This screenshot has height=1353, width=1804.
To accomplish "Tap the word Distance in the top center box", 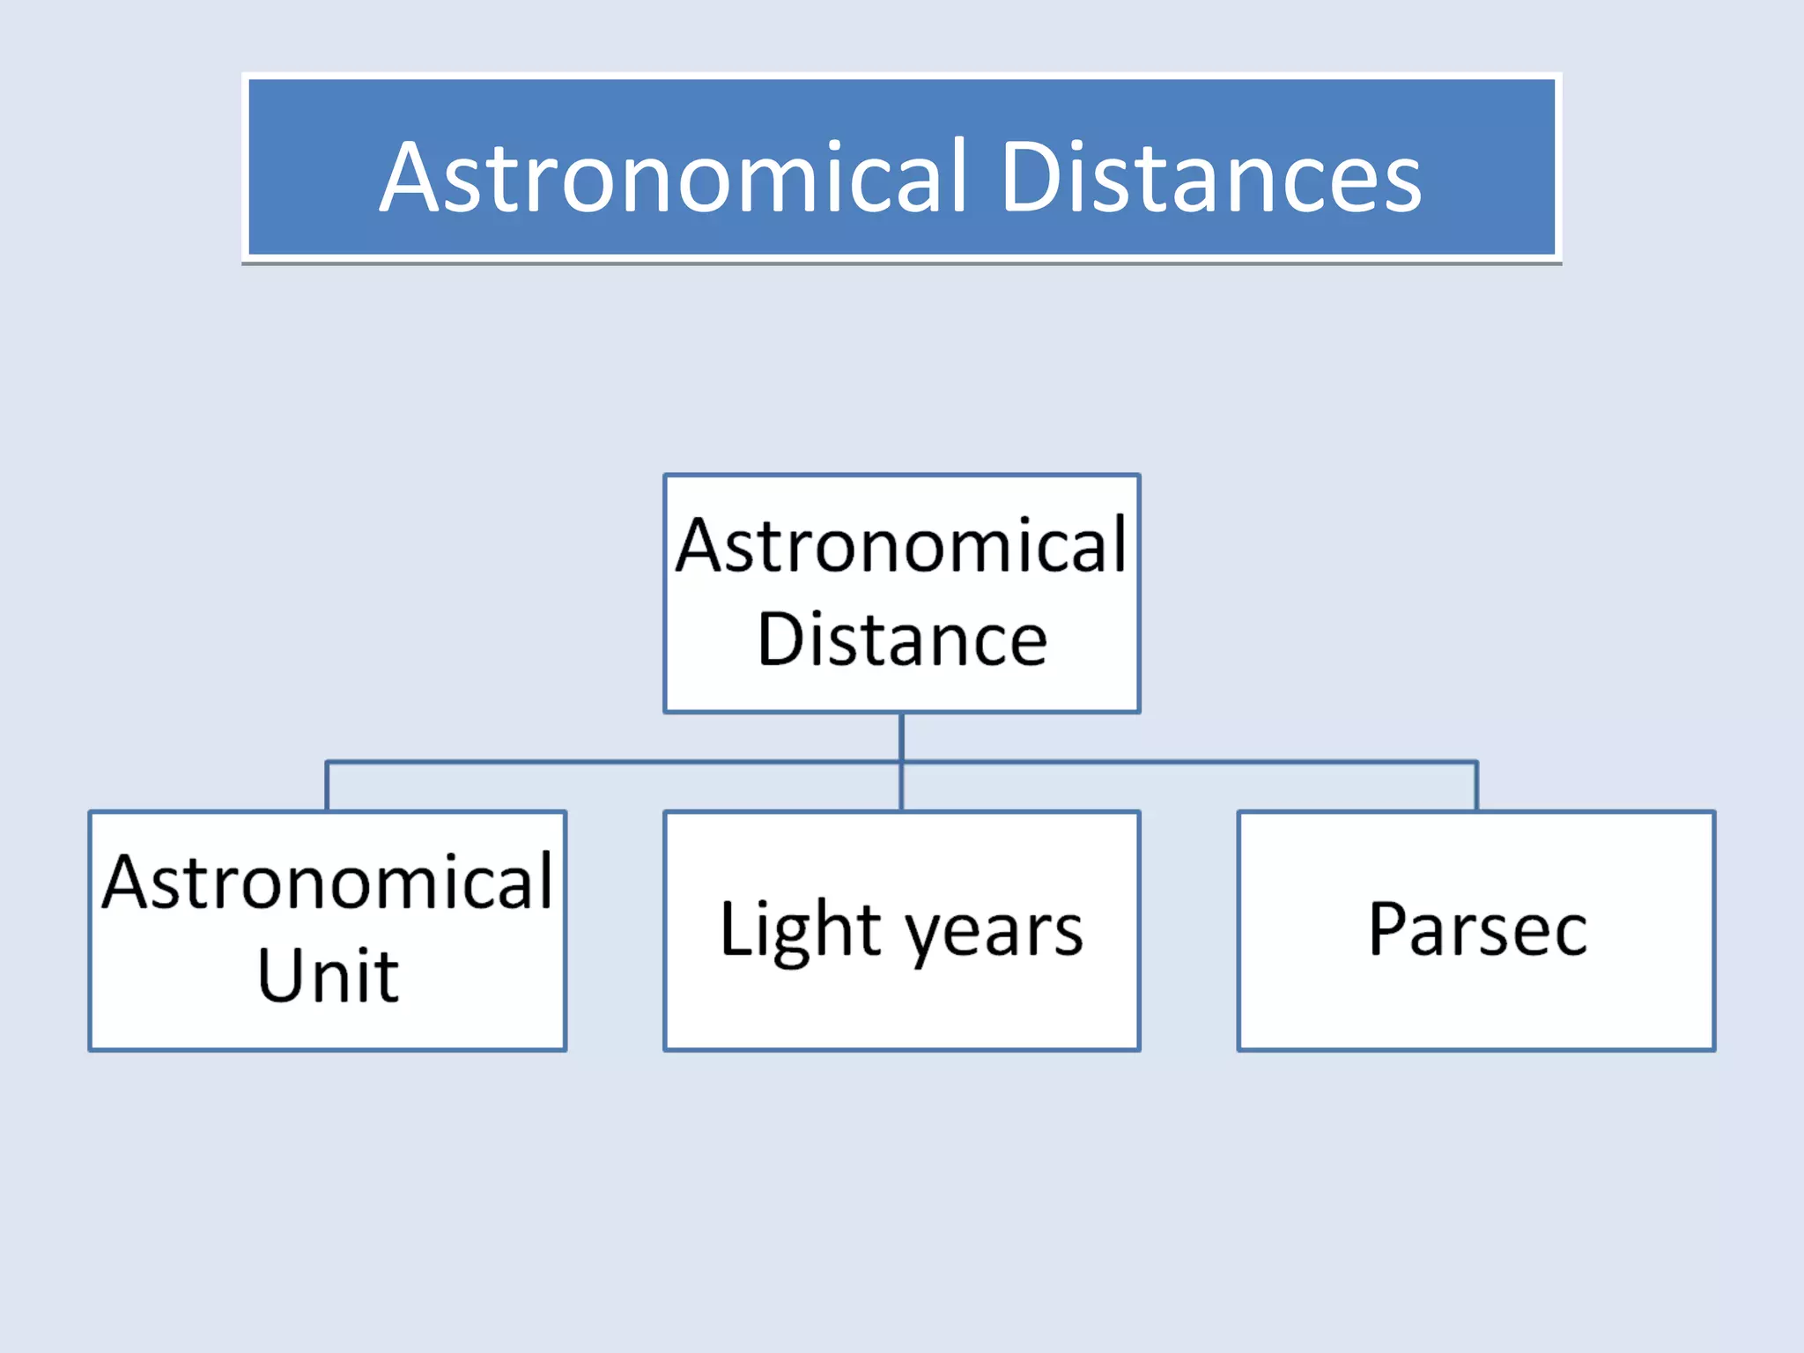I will [902, 640].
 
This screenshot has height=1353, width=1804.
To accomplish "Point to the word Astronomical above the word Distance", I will [902, 545].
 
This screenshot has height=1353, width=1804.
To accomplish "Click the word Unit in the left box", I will [328, 975].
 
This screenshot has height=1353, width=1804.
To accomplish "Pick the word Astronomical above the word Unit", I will [328, 882].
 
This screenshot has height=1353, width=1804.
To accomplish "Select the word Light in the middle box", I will [800, 930].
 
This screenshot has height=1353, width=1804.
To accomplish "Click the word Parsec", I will [1477, 929].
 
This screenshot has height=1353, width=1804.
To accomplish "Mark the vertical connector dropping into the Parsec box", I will [1476, 787].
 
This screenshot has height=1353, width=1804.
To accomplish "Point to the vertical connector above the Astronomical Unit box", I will [328, 787].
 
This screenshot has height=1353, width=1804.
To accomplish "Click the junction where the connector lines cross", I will [902, 762].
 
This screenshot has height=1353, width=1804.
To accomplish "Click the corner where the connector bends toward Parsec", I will [1476, 762].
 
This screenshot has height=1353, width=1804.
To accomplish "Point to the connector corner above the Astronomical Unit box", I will [328, 762].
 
